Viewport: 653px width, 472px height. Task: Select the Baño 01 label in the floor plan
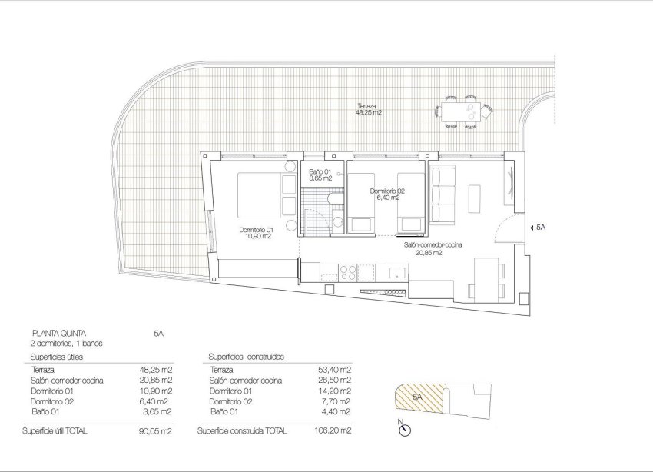pos(320,175)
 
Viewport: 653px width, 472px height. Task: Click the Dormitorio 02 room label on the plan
pos(386,194)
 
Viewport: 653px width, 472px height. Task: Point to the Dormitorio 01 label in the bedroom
pos(256,232)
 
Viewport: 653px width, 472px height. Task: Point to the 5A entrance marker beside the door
pos(539,228)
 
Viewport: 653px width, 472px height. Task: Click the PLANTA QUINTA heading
pos(53,334)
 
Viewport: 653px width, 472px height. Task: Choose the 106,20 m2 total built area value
pos(335,431)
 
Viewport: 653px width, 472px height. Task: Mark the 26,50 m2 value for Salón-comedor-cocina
pos(335,380)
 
